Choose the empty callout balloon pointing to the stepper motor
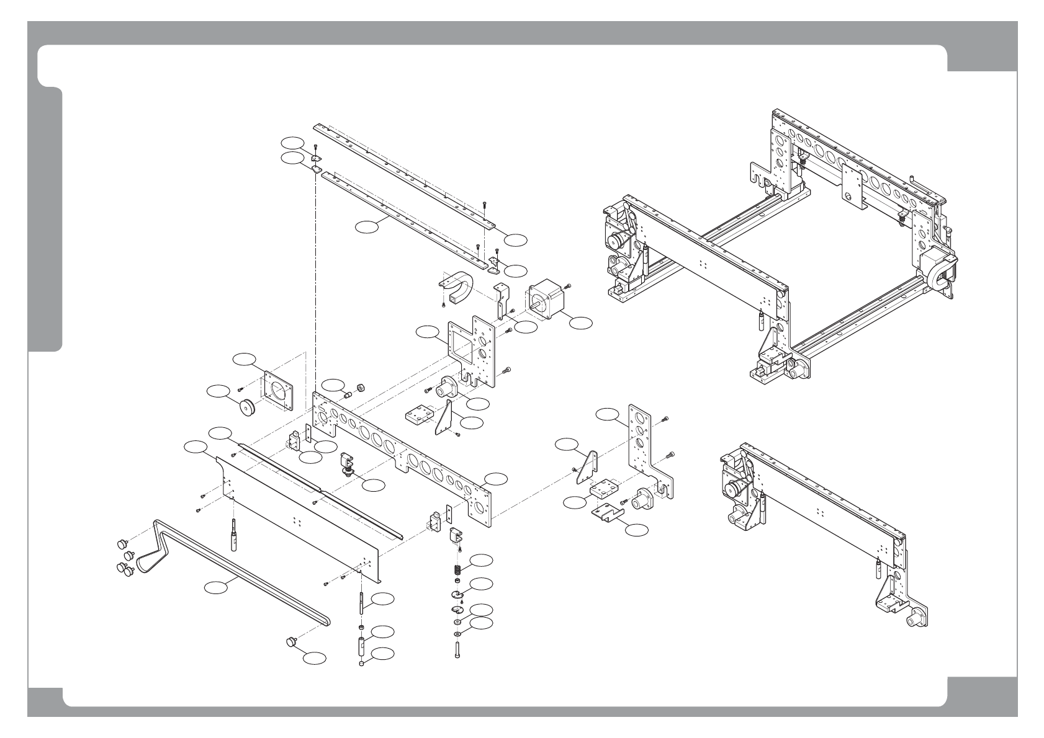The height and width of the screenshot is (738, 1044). (582, 322)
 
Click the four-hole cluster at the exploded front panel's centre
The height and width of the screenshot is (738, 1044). (299, 522)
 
